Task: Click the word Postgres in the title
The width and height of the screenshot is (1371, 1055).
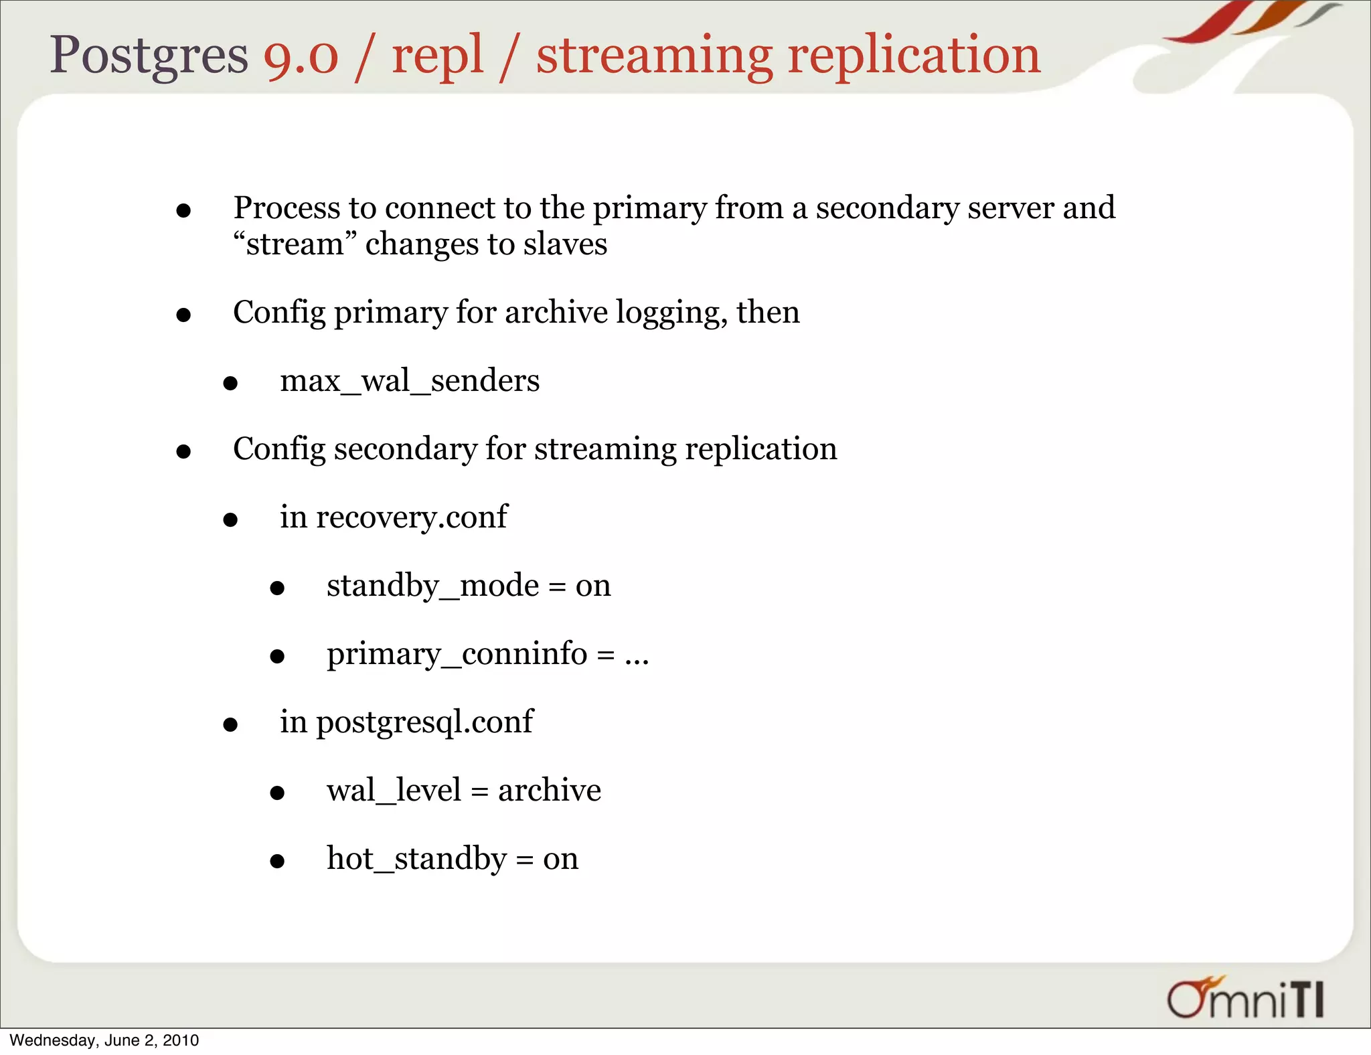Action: (x=149, y=56)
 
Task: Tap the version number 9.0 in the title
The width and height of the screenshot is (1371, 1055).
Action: (x=301, y=56)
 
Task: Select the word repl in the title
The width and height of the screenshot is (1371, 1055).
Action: (x=437, y=56)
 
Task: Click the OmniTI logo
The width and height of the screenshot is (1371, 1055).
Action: (x=1245, y=999)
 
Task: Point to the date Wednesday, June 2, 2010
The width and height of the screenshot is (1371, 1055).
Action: (x=104, y=1040)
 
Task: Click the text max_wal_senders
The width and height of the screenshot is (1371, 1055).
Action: (x=410, y=381)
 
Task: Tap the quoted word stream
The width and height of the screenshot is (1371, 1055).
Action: (x=295, y=244)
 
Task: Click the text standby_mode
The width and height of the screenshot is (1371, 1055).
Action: (x=432, y=586)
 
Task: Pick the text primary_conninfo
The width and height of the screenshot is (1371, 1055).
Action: (x=457, y=654)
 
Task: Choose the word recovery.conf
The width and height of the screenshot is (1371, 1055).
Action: (x=412, y=517)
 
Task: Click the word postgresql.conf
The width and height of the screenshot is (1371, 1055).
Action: (x=424, y=722)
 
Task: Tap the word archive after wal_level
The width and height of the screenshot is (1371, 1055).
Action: (x=550, y=791)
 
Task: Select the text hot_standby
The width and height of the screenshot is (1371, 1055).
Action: (x=416, y=859)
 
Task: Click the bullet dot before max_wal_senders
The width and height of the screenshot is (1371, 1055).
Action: (x=230, y=384)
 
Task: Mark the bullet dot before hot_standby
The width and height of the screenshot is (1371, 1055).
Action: (x=277, y=861)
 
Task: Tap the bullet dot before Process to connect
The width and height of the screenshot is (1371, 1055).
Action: (x=183, y=212)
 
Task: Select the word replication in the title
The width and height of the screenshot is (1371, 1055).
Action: (x=914, y=56)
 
